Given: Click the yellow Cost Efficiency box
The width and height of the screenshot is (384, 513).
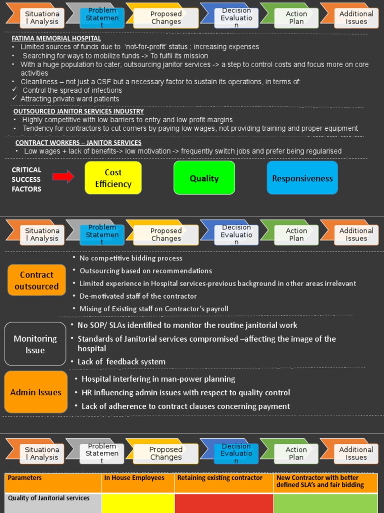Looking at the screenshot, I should (113, 178).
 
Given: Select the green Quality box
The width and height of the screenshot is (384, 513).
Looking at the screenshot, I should (204, 178).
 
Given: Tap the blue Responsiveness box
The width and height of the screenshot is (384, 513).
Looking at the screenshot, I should (302, 178).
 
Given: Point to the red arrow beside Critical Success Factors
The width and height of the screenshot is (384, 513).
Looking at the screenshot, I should (63, 176).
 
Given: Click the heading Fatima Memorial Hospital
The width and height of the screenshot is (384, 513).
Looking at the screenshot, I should (56, 39).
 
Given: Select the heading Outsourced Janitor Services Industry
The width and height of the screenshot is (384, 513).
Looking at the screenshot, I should (78, 111).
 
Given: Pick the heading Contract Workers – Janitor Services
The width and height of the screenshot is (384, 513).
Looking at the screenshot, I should (78, 143).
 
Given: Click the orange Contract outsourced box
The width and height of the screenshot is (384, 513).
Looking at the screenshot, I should (36, 281).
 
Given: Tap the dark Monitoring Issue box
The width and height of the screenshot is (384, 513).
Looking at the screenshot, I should (35, 344).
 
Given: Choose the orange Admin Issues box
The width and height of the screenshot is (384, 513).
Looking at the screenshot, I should (35, 392).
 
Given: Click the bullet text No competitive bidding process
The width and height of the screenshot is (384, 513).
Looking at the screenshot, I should (131, 258).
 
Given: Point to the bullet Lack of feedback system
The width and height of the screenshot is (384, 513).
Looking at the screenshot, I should (121, 362).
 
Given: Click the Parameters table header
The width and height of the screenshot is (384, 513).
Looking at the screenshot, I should (25, 478).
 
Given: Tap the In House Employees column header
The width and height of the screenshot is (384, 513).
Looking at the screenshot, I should (134, 478).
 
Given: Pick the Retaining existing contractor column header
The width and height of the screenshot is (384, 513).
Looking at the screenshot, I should (219, 478).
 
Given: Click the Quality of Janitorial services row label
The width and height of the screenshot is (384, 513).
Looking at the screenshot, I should (49, 498).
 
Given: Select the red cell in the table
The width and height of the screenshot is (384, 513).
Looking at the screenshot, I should (224, 503).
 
